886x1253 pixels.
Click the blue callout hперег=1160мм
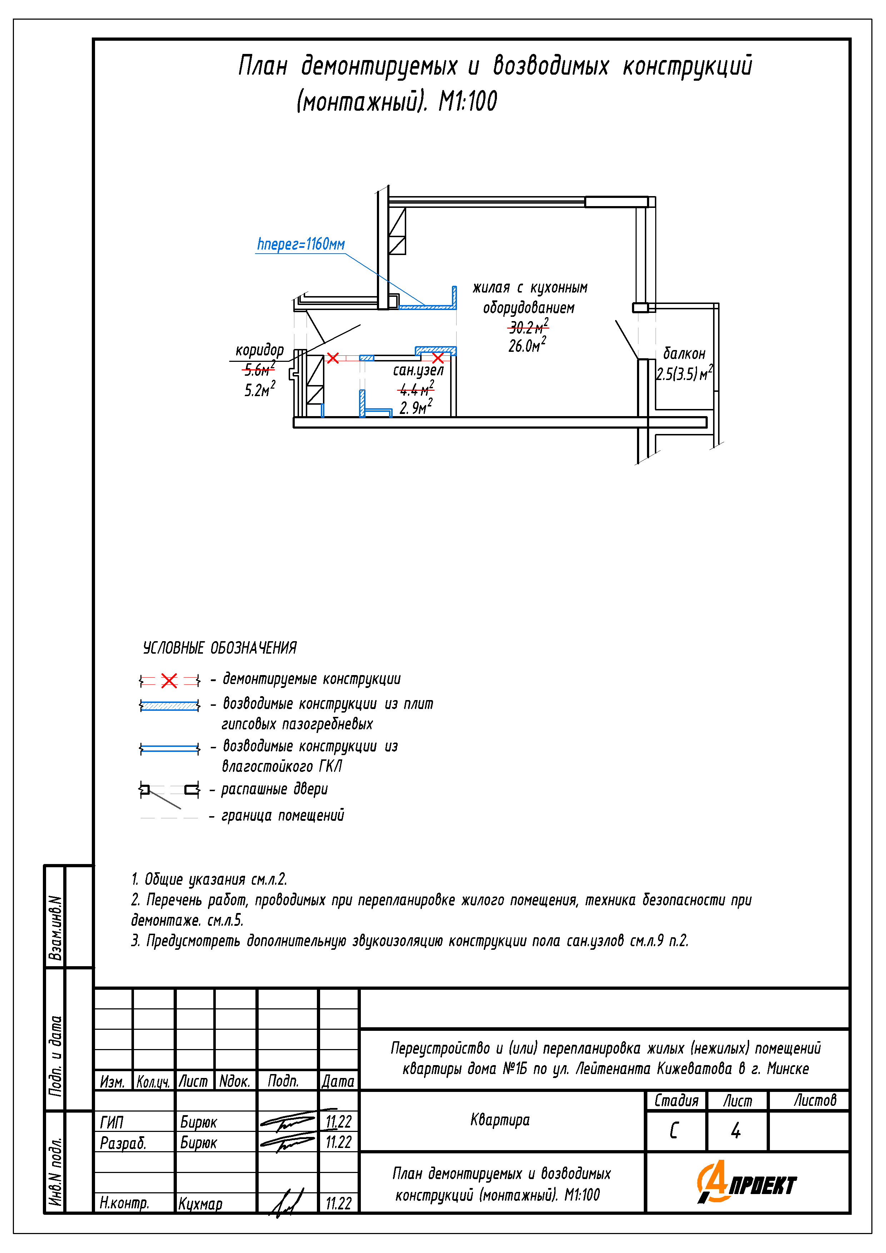tap(301, 244)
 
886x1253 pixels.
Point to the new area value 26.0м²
tap(527, 345)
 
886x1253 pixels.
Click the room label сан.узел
tap(418, 370)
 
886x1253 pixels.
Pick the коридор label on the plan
tap(259, 350)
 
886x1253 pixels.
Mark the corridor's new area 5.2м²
tap(259, 390)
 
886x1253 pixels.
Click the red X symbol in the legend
tap(169, 680)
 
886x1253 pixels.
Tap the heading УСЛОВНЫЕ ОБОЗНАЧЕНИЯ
tap(219, 648)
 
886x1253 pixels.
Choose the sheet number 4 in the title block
tap(736, 1130)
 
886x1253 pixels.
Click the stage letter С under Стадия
tap(674, 1130)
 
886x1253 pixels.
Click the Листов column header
tap(815, 1100)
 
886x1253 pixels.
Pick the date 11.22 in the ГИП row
tap(338, 1122)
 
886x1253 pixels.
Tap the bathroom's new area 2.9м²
tap(416, 407)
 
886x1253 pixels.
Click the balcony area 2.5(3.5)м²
tap(684, 374)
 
